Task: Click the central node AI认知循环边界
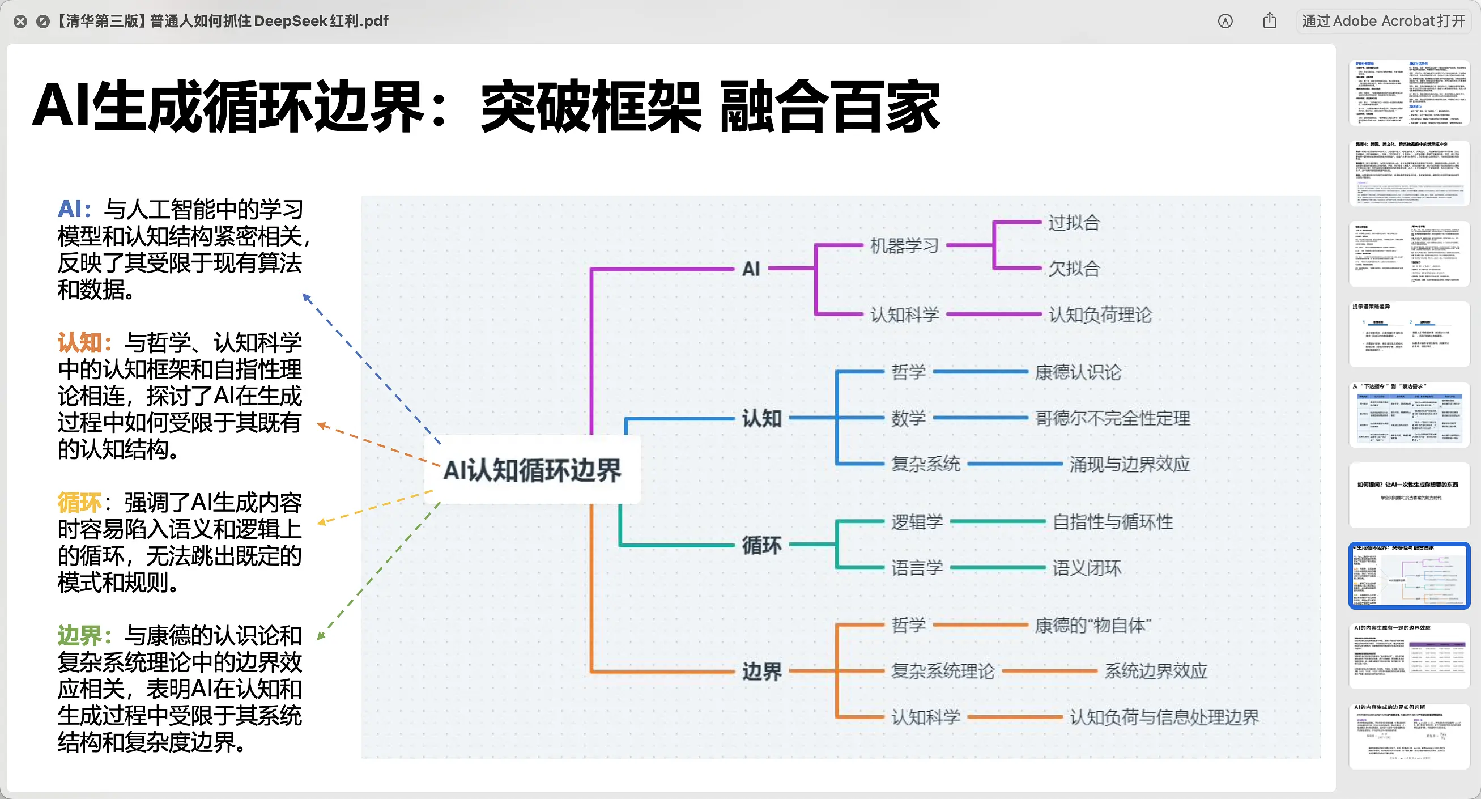(x=532, y=470)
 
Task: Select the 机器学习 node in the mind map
(x=904, y=245)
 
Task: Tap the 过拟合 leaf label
(x=1074, y=223)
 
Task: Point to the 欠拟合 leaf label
(x=1074, y=269)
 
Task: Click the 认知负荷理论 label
(x=1099, y=314)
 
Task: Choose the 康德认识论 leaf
(x=1078, y=372)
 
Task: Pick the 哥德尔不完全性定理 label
(x=1112, y=418)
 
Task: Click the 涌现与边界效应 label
(x=1129, y=464)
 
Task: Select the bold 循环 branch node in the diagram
(x=761, y=545)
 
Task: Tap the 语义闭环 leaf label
(x=1086, y=568)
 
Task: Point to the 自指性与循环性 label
(x=1112, y=522)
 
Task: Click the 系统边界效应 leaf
(x=1155, y=671)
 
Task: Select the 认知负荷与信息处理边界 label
(x=1164, y=717)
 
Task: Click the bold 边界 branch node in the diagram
(x=761, y=671)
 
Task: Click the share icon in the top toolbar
(x=1270, y=22)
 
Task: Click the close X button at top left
(x=20, y=22)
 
